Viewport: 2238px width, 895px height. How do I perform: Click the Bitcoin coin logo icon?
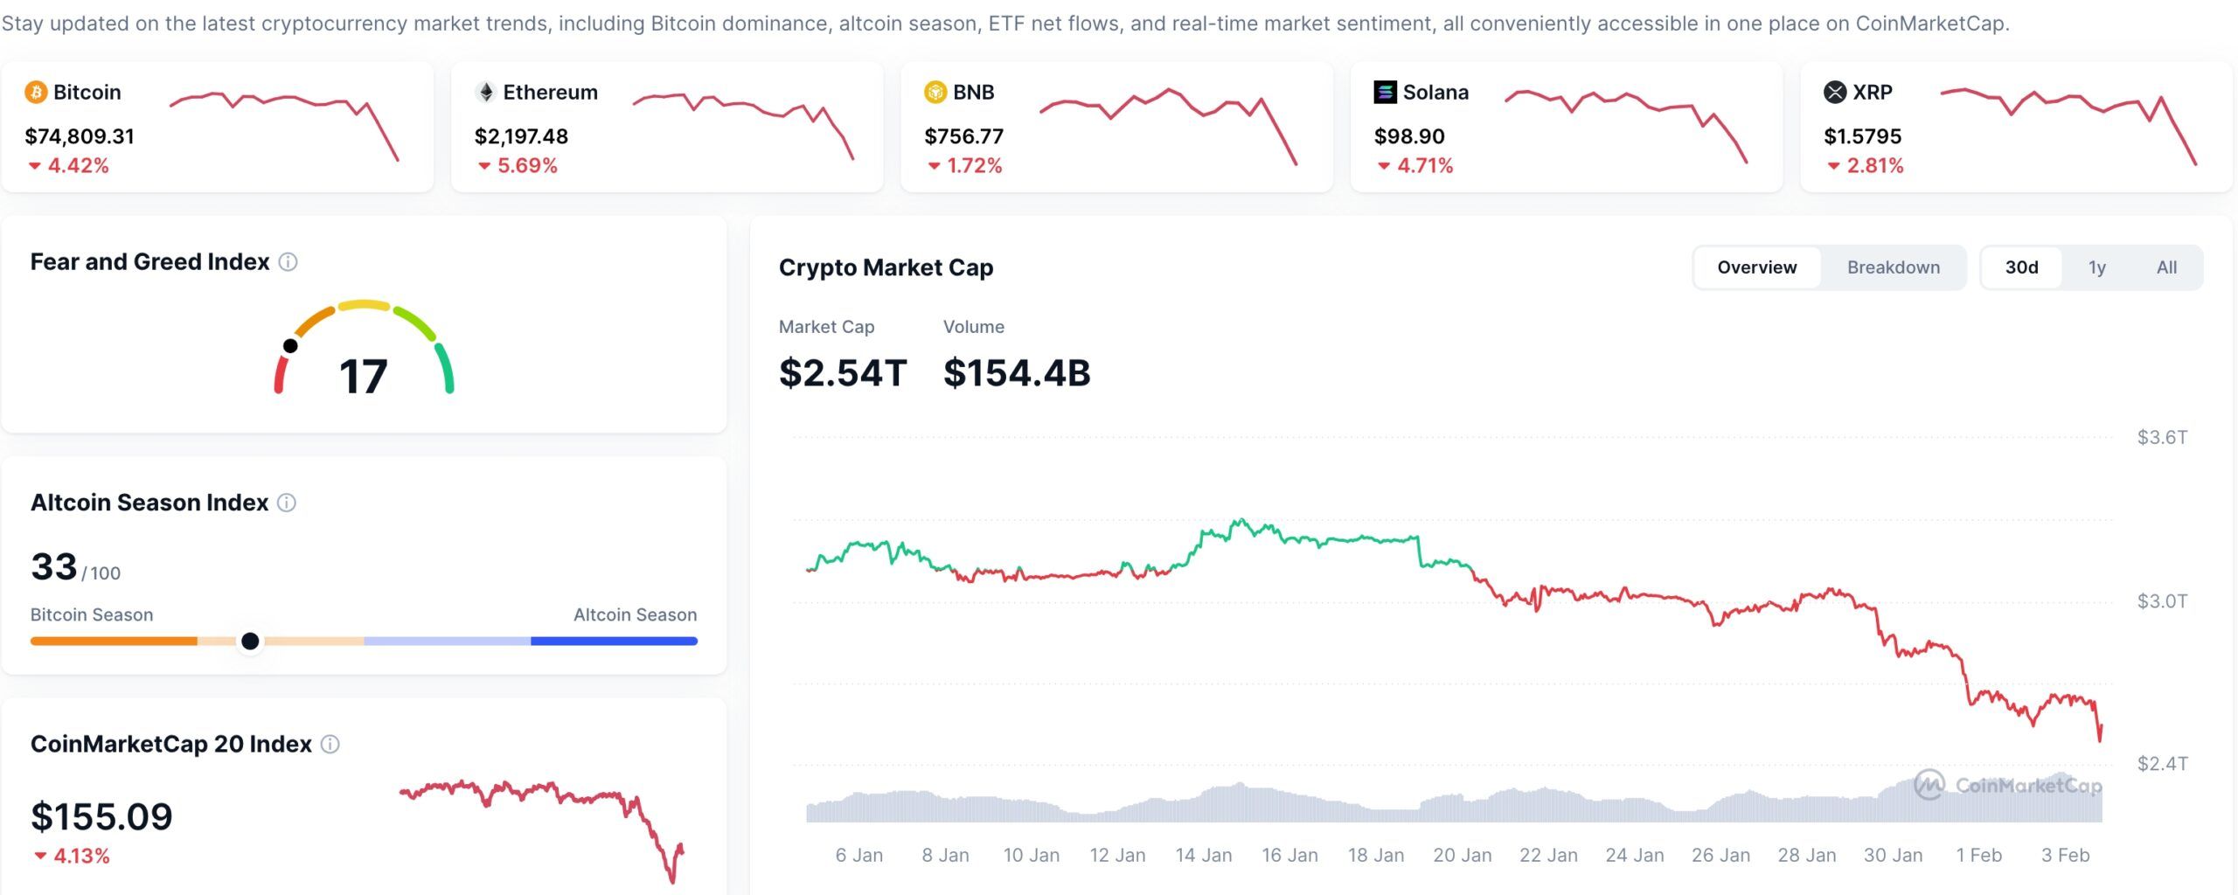[36, 92]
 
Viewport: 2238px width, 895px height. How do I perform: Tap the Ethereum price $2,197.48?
[521, 136]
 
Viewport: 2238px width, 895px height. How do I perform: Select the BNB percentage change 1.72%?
[974, 165]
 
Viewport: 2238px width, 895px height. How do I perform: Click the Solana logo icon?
[1385, 92]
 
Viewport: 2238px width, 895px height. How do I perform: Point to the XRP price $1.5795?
[1862, 136]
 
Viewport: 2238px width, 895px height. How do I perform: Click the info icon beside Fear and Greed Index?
[288, 262]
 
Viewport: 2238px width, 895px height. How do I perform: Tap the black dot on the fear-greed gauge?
[290, 346]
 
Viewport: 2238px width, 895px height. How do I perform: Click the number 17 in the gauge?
[363, 377]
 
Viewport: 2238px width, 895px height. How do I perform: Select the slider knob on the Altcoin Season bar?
[250, 642]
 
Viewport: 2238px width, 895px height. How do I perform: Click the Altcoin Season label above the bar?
[635, 614]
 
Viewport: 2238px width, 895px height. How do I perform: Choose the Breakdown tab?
[1893, 267]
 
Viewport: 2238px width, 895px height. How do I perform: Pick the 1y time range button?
[2096, 267]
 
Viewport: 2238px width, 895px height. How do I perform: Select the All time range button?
[2166, 267]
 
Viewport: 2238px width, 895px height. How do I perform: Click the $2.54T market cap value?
[843, 373]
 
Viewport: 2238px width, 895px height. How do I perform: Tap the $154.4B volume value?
[1017, 373]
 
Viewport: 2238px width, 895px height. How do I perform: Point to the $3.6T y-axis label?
[2162, 437]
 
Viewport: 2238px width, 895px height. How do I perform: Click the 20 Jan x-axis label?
[1462, 855]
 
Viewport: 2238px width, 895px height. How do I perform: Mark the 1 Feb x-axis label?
[1978, 855]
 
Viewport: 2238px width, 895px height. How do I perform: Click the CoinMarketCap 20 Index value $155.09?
[101, 817]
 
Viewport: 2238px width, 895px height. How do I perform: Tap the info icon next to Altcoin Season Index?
[287, 503]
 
